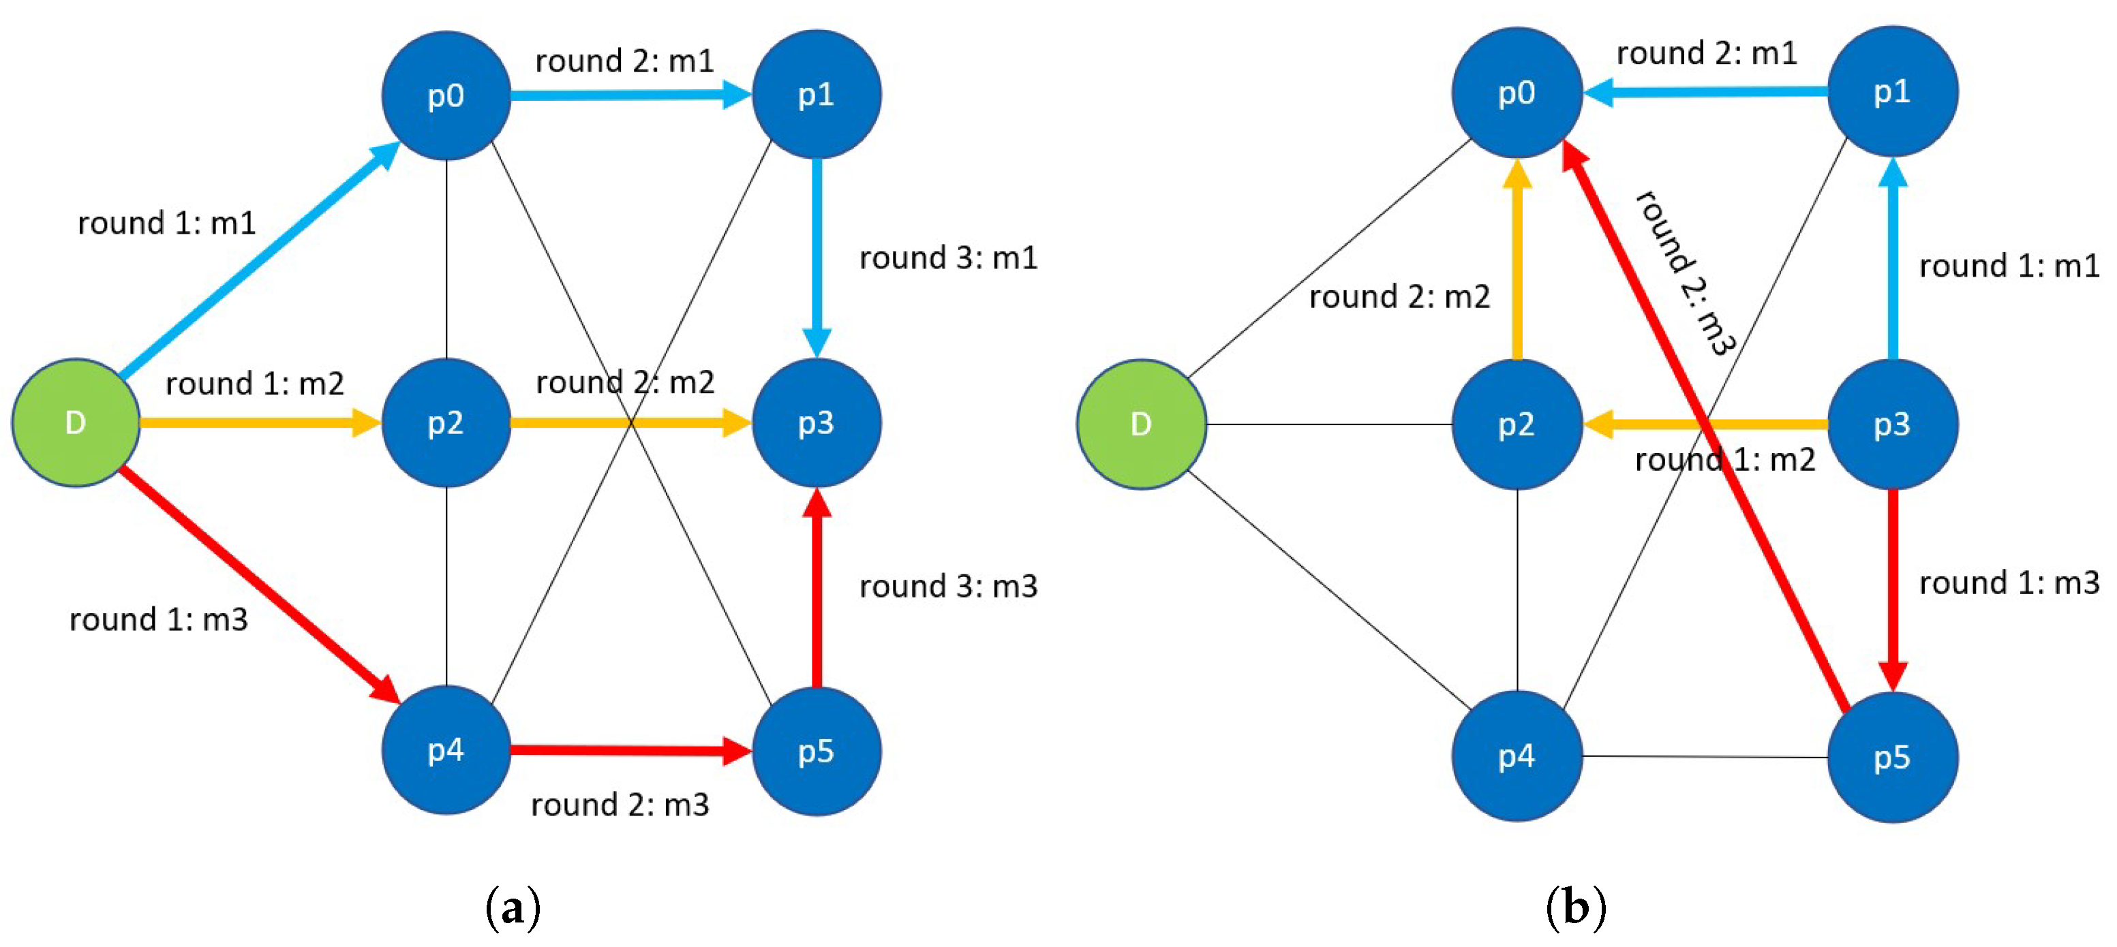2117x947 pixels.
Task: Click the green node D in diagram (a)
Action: (75, 422)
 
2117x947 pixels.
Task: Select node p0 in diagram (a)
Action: (446, 95)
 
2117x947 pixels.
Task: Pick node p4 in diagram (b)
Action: (1517, 756)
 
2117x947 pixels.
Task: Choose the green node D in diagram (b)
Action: (1141, 424)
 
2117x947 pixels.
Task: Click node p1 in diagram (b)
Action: (1892, 91)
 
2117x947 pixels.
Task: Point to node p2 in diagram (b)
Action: (1517, 424)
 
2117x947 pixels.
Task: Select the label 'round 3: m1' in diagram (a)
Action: (948, 258)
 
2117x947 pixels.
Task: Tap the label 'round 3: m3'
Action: (948, 587)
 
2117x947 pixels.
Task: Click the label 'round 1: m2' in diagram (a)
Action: (255, 384)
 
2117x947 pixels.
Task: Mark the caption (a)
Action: (513, 908)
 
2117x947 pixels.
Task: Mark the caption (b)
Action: (1575, 908)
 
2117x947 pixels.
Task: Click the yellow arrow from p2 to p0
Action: (1517, 263)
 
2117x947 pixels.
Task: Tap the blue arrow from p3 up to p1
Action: (1893, 263)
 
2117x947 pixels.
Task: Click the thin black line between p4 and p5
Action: (1705, 756)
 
